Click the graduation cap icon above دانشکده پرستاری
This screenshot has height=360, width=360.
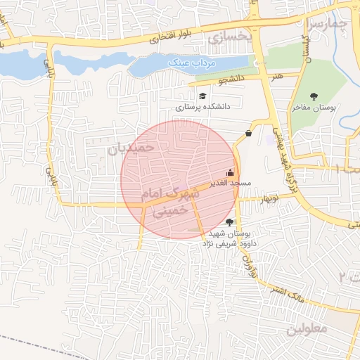202,96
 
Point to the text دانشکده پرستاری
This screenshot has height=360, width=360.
203,108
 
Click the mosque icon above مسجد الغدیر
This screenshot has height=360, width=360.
230,172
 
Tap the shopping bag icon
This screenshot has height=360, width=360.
248,133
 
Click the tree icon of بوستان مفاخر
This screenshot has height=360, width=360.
314,96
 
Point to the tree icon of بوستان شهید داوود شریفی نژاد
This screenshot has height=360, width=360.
229,222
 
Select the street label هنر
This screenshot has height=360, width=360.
280,75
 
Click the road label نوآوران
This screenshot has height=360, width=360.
247,263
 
